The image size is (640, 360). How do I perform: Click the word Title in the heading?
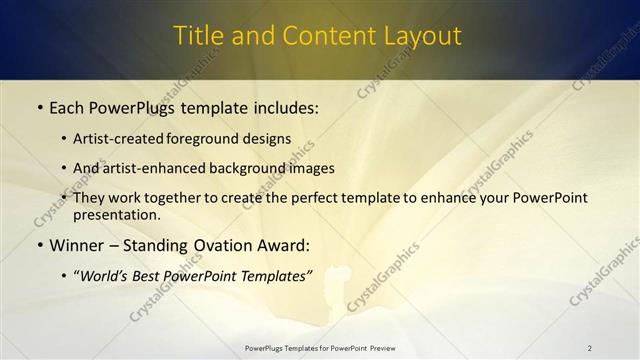pos(199,36)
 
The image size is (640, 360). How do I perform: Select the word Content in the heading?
pos(322,36)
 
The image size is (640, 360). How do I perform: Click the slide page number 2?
pos(590,348)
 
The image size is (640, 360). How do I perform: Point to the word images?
pos(311,168)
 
